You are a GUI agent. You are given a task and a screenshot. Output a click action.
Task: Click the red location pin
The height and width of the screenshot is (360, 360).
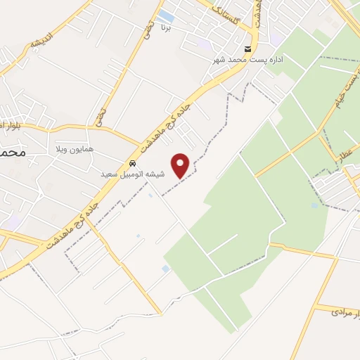181,165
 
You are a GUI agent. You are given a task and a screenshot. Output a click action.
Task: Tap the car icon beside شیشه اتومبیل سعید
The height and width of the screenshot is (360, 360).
132,165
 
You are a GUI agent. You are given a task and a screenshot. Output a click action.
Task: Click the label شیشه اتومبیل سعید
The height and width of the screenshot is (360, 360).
132,174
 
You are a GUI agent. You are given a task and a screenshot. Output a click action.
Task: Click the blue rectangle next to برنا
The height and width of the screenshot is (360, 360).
166,15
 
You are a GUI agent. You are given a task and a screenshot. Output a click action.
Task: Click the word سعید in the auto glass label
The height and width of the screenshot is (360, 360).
111,174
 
